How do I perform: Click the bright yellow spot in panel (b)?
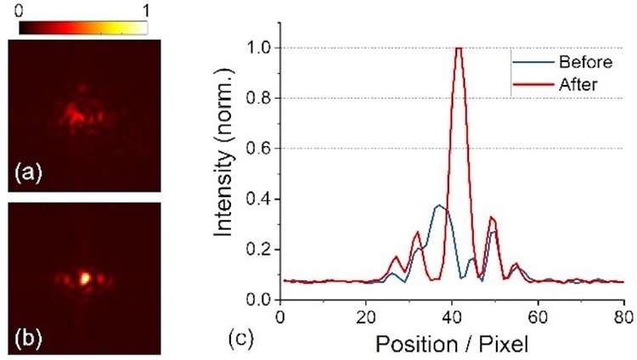[x=83, y=277]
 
